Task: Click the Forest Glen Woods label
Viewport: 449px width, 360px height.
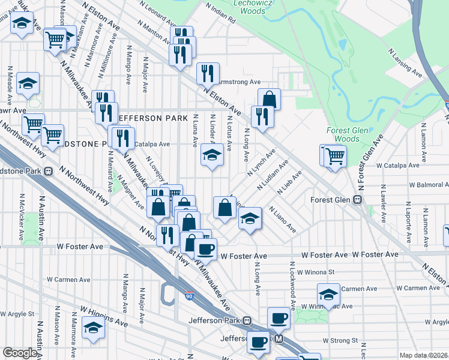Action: tap(343, 134)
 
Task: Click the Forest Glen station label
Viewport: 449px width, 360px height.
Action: tap(331, 200)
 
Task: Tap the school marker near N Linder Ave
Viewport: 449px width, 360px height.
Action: tap(211, 155)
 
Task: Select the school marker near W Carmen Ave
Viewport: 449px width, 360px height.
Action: tap(328, 295)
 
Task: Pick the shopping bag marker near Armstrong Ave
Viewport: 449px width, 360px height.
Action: tap(270, 98)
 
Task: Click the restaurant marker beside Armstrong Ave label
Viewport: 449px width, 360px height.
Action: tap(208, 73)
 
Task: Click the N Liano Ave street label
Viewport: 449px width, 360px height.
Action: tap(282, 220)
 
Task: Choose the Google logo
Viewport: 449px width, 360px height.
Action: tap(20, 353)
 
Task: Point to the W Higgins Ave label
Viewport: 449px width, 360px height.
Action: tap(104, 317)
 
